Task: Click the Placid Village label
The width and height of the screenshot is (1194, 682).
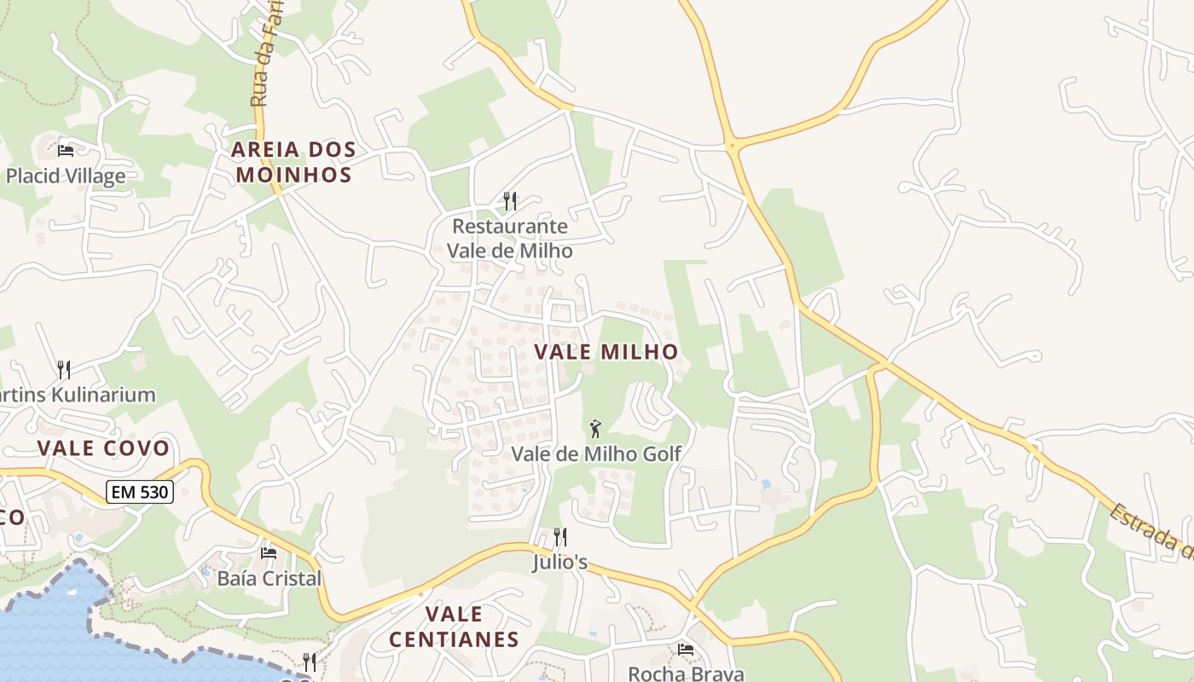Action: click(x=66, y=176)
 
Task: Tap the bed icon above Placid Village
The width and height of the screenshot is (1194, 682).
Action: click(x=66, y=151)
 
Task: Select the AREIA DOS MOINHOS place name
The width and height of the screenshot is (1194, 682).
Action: click(x=293, y=163)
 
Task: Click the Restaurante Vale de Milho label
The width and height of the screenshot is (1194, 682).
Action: click(x=510, y=239)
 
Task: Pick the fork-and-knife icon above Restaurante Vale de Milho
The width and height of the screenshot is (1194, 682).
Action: click(x=510, y=201)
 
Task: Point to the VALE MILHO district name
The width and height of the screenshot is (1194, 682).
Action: click(x=606, y=351)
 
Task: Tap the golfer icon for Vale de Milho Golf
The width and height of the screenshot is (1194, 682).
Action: click(x=595, y=428)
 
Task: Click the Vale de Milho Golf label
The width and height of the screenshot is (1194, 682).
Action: click(x=596, y=454)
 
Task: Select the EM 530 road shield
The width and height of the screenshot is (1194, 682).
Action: click(x=140, y=491)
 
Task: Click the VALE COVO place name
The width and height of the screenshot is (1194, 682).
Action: click(x=103, y=448)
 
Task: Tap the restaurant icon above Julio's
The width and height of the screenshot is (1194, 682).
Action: click(x=560, y=537)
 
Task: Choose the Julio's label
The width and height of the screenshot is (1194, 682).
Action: click(x=560, y=563)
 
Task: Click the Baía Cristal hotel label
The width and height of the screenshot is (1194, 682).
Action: click(x=270, y=579)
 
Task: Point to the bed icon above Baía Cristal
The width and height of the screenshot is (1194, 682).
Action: click(x=269, y=553)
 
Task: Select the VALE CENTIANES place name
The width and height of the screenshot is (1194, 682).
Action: click(x=454, y=627)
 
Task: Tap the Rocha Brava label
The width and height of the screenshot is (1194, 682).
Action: click(x=686, y=673)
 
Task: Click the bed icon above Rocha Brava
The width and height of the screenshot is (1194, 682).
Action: click(x=685, y=650)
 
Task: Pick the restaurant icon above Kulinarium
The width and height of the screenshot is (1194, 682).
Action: click(x=64, y=369)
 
